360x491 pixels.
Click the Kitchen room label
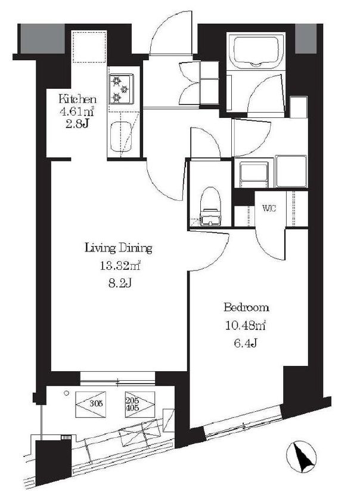[77, 100]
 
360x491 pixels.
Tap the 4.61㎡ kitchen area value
[77, 111]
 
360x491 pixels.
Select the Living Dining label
[119, 248]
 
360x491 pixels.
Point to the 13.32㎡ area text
[120, 266]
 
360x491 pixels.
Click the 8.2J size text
[119, 284]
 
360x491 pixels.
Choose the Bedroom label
[246, 307]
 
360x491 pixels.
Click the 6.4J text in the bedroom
[246, 343]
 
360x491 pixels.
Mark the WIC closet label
[269, 209]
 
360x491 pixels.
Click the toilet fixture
[210, 206]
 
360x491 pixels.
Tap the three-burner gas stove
[121, 89]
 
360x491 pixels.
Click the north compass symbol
[301, 456]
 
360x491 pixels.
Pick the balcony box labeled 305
[91, 404]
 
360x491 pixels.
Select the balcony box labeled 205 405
[140, 404]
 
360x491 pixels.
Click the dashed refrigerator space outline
[89, 46]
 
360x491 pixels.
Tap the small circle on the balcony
[66, 393]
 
